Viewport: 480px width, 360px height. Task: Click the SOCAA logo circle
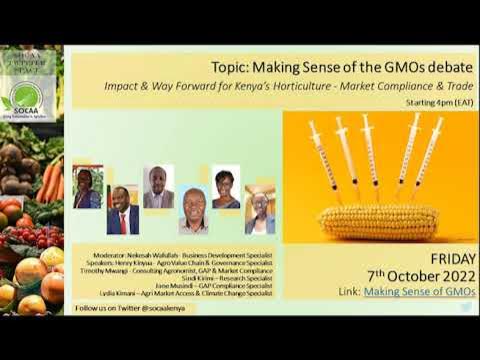coord(21,97)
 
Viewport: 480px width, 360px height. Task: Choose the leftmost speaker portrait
coord(87,186)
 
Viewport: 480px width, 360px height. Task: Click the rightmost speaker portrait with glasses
coord(261,211)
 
